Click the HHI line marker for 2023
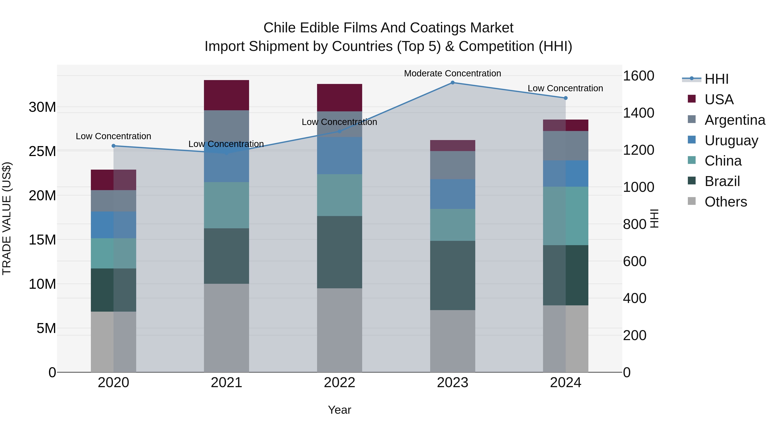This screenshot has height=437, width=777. [452, 83]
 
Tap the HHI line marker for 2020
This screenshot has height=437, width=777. [113, 146]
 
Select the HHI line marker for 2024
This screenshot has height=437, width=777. [565, 98]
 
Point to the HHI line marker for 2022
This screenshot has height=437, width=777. [339, 131]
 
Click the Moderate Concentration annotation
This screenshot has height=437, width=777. [452, 73]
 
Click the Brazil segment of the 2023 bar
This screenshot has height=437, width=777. [452, 275]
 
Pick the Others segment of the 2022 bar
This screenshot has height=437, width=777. [339, 330]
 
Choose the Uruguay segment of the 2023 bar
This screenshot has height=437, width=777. [452, 194]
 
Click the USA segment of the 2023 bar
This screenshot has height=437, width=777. [452, 146]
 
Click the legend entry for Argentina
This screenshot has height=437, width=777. [735, 120]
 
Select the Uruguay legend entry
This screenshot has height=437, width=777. [731, 140]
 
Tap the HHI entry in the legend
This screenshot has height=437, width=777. [716, 79]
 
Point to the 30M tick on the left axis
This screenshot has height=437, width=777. [42, 107]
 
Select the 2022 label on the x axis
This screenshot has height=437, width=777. [339, 383]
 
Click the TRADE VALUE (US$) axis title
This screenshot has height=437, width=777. [7, 218]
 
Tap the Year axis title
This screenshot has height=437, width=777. [339, 410]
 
